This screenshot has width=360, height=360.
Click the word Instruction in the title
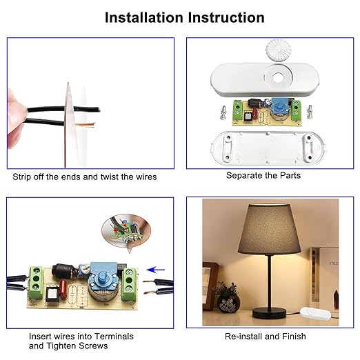pos(223,17)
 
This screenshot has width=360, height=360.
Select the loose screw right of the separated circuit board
pos(312,109)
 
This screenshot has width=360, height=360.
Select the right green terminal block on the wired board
pos(130,284)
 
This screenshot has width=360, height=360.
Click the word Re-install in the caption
pos(244,337)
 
